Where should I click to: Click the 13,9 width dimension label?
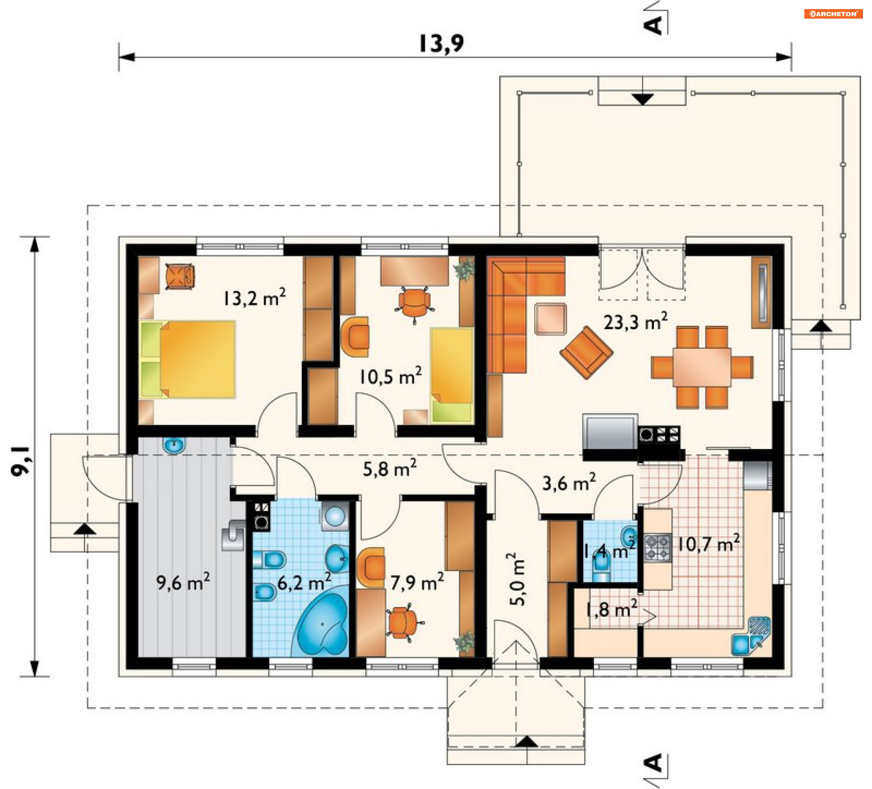(x=441, y=44)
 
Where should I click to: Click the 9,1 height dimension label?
(x=20, y=461)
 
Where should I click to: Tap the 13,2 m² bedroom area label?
(x=254, y=297)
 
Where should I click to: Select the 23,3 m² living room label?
(x=635, y=321)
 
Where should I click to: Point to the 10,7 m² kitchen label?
(x=708, y=543)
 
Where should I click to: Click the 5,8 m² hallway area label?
(x=389, y=468)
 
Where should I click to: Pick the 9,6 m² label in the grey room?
(x=183, y=582)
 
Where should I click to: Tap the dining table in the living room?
(x=702, y=367)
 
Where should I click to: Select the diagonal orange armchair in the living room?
(x=586, y=352)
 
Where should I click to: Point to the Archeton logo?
(x=833, y=14)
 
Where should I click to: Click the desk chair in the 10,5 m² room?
(x=414, y=303)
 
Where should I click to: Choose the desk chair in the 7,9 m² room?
(x=404, y=622)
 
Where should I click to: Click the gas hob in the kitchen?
(x=657, y=547)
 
